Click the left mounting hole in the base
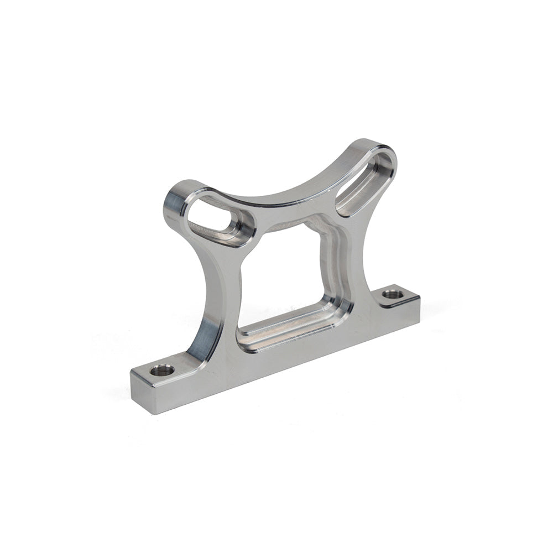pyautogui.click(x=162, y=370)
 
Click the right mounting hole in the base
pyautogui.click(x=393, y=294)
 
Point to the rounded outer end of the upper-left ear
pyautogui.click(x=174, y=205)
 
